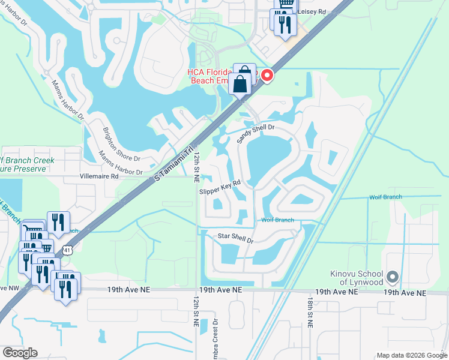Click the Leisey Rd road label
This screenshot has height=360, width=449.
coord(312,11)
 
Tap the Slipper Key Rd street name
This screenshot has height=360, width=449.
coord(220,187)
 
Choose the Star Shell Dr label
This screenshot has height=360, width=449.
coord(236,238)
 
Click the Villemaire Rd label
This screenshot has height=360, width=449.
coord(100,177)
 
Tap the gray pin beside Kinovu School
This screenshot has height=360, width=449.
coord(393,277)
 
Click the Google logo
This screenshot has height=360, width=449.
coord(20,353)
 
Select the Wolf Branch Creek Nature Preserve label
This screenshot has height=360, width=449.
coord(26,164)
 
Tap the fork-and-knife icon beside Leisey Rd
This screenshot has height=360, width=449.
coord(285,25)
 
